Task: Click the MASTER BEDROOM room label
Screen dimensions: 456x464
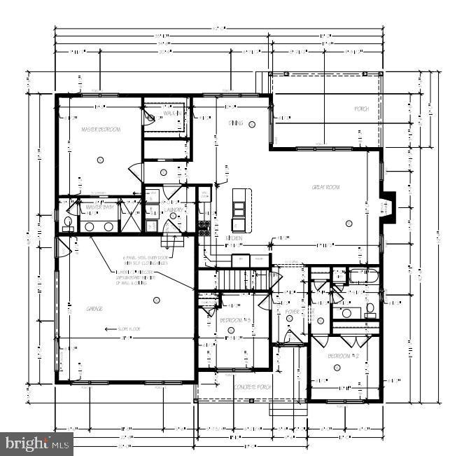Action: (101, 130)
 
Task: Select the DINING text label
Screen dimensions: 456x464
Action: (235, 123)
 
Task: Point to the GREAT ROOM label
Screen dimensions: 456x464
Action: (325, 187)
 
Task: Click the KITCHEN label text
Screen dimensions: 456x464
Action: (233, 239)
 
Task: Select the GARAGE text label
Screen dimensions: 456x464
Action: (94, 309)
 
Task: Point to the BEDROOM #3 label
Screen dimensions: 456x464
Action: (235, 320)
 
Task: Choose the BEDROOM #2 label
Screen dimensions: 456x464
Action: (344, 357)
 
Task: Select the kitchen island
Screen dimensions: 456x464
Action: (239, 209)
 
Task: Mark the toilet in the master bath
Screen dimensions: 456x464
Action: (67, 223)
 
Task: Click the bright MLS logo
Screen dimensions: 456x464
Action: (36, 443)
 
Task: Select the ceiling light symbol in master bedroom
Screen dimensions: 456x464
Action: (100, 160)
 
